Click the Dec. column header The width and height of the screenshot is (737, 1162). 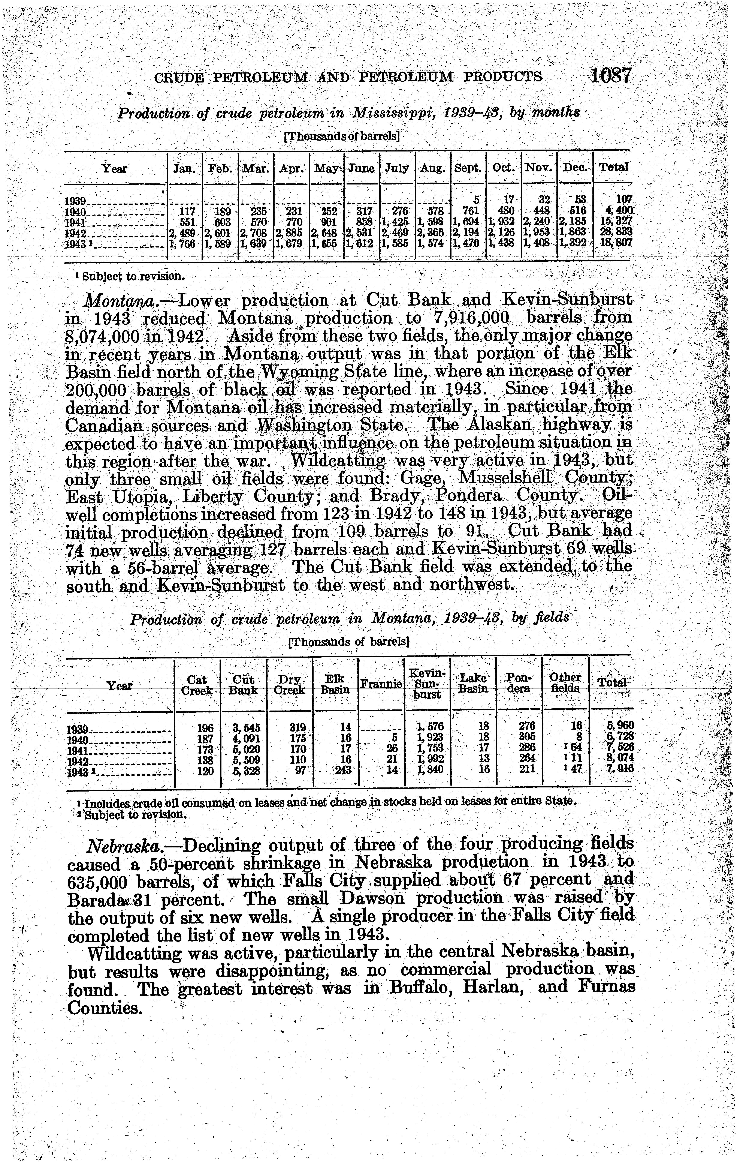click(574, 168)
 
